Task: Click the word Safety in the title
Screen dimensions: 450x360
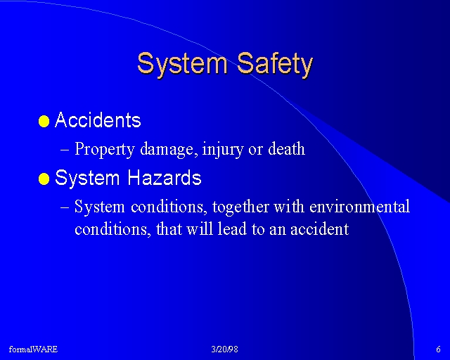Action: (275, 65)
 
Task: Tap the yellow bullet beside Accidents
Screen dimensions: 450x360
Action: (44, 122)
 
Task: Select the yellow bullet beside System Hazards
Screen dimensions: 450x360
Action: (44, 179)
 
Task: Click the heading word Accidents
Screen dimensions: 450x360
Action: (98, 120)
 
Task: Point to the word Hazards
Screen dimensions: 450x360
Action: (165, 177)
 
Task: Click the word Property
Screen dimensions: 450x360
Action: (105, 149)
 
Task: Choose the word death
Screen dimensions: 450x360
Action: (286, 148)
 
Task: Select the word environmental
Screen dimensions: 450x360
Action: (359, 207)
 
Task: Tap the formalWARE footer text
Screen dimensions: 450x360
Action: (33, 349)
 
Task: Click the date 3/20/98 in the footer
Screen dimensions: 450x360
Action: (224, 349)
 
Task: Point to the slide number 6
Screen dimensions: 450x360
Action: (438, 349)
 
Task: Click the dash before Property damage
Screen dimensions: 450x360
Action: (65, 150)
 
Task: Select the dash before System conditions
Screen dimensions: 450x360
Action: (65, 207)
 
